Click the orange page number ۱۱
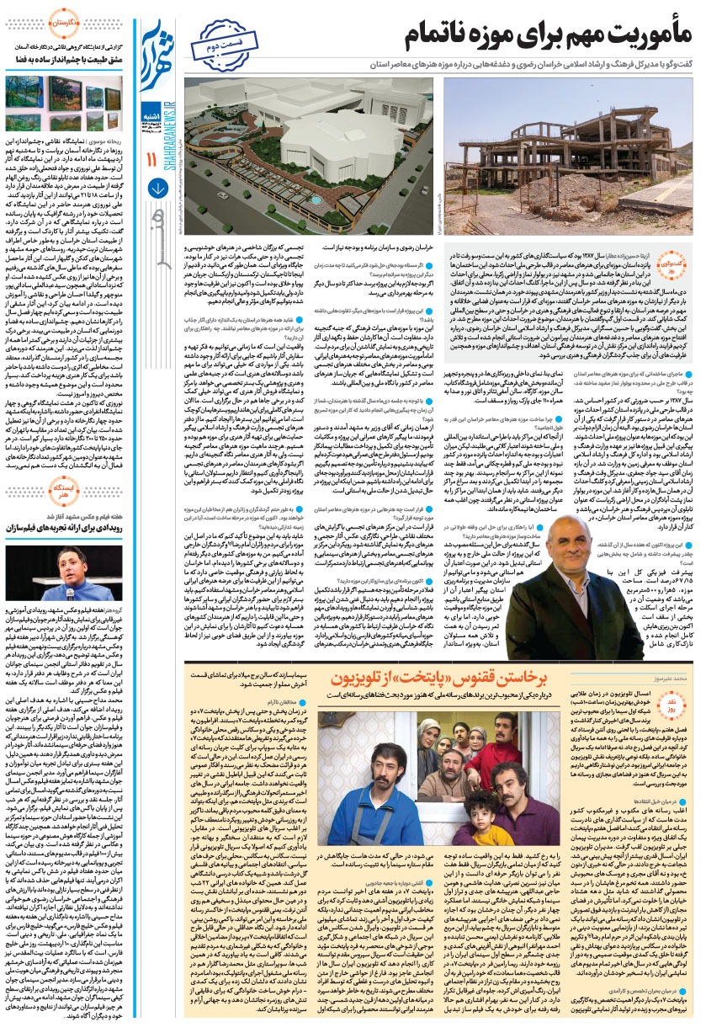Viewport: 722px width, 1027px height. pos(152,159)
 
